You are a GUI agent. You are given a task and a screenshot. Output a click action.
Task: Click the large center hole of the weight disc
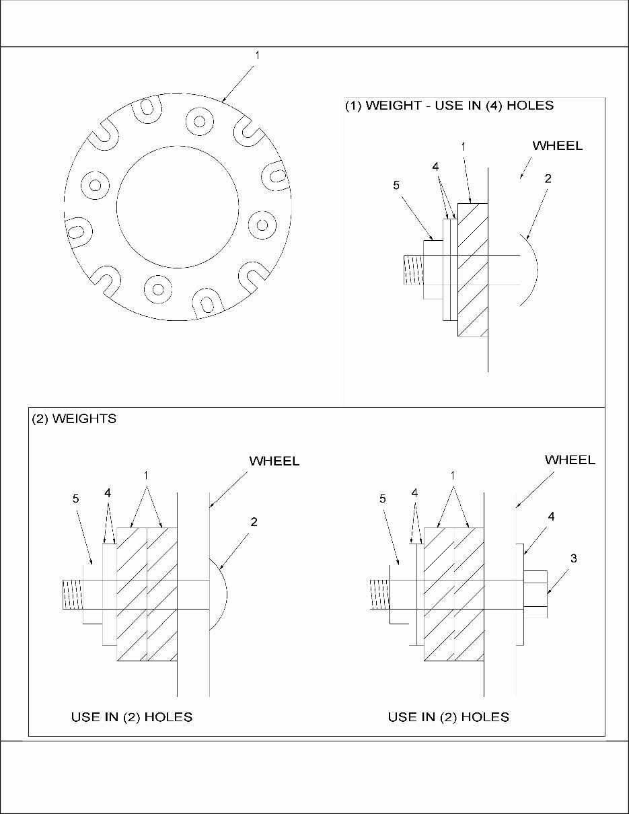178,205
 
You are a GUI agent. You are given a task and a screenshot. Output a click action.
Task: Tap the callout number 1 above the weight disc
257,57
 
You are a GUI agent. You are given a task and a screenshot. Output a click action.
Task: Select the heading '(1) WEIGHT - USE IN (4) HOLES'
449,106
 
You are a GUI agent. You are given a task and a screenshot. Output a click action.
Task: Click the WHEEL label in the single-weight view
557,145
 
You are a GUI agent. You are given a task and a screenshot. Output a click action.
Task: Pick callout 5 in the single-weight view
396,186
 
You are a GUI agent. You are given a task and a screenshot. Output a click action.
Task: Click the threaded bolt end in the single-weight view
412,270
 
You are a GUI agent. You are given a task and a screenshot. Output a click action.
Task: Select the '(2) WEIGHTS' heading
74,419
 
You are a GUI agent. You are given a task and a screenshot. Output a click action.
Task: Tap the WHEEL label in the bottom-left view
274,461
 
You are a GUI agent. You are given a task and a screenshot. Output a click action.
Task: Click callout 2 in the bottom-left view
253,521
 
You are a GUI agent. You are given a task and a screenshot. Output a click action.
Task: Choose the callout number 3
572,558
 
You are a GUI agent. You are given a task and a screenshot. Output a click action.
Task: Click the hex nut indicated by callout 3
535,593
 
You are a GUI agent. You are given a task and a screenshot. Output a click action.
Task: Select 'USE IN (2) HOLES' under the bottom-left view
132,717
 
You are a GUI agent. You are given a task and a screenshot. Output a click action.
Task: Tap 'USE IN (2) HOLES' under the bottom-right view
448,717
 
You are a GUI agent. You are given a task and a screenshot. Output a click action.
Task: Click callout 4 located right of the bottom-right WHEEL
550,517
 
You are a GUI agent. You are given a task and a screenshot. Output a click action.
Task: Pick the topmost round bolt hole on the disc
199,120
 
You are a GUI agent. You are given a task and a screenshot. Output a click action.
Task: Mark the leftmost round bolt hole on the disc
95,184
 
